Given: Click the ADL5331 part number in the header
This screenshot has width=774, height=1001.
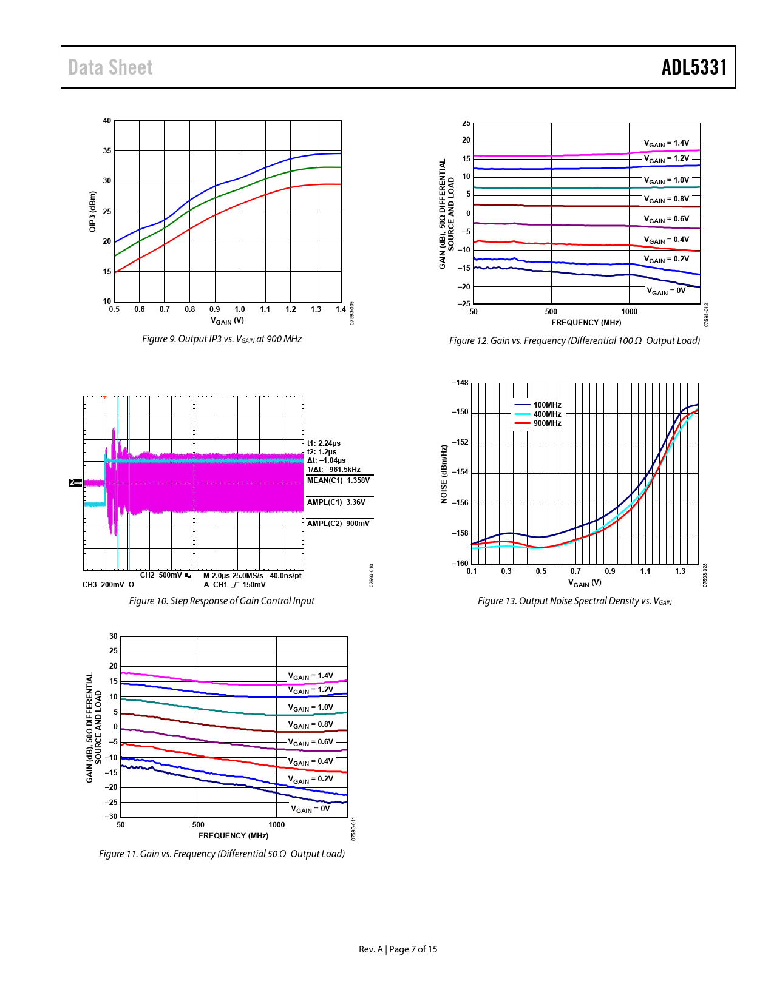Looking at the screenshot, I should pyautogui.click(x=694, y=67).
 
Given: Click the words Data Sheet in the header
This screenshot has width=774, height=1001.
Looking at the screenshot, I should pyautogui.click(x=110, y=67).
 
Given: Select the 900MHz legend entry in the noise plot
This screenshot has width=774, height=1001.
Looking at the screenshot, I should pyautogui.click(x=547, y=423).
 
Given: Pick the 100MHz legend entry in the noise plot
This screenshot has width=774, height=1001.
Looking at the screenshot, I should pyautogui.click(x=547, y=405).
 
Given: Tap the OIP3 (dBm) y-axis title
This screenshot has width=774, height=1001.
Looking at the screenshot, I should pyautogui.click(x=93, y=211).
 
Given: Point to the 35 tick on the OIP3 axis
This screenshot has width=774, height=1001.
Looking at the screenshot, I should pyautogui.click(x=107, y=151).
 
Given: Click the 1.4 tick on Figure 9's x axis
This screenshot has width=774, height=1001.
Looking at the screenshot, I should pyautogui.click(x=341, y=309).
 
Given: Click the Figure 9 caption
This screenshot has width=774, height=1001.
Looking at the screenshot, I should pyautogui.click(x=222, y=339).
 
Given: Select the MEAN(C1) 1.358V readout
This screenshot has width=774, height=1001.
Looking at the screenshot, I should pyautogui.click(x=338, y=480).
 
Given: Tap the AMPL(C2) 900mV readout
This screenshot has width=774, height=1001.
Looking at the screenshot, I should pyautogui.click(x=338, y=524).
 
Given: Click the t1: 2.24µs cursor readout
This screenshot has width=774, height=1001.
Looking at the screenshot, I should pyautogui.click(x=324, y=443).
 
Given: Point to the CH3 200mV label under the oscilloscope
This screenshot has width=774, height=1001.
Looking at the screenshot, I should pyautogui.click(x=108, y=585).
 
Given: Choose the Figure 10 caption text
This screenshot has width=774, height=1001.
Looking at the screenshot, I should pyautogui.click(x=222, y=601).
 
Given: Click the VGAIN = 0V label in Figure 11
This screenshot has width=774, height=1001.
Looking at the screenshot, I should pyautogui.click(x=310, y=809).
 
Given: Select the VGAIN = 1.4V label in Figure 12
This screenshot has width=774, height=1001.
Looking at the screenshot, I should pyautogui.click(x=667, y=144).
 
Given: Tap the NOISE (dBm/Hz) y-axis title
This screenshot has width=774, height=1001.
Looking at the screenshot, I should pyautogui.click(x=444, y=474).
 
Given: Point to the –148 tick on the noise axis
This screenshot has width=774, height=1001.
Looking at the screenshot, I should pyautogui.click(x=460, y=383).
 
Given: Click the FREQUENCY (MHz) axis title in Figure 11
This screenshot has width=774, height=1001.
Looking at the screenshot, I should pyautogui.click(x=233, y=836).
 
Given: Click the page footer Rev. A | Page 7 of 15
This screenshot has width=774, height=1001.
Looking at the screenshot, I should pyautogui.click(x=398, y=949).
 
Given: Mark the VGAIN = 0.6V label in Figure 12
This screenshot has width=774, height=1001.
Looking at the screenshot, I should pyautogui.click(x=667, y=220).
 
